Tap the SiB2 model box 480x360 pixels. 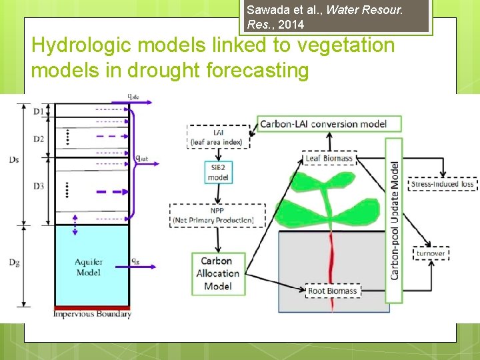point(218,172)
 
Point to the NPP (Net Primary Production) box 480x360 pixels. point(218,215)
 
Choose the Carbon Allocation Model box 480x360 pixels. point(217,273)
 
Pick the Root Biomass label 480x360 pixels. point(333,291)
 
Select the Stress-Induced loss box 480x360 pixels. point(442,184)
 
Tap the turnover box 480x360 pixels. point(431,253)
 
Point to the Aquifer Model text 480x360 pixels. point(89,267)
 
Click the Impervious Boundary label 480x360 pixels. point(92,314)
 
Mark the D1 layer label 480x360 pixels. point(39,111)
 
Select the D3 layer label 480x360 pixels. point(39,186)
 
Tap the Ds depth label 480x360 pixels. point(15,159)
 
